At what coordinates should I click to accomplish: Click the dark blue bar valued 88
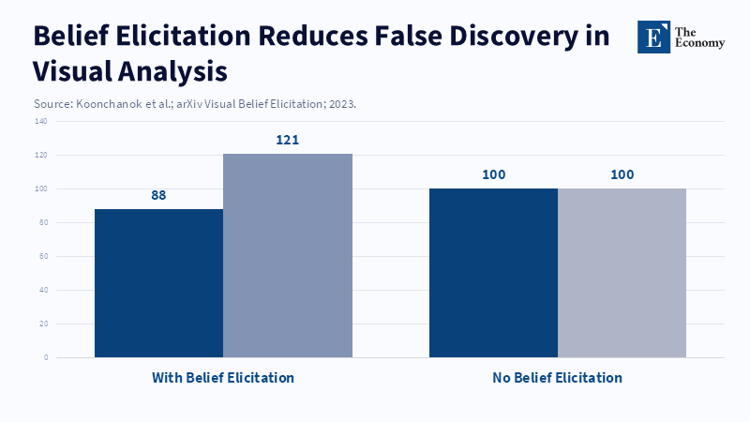point(158,282)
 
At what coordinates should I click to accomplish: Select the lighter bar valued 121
point(287,255)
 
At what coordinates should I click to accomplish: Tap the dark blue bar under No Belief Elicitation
point(493,272)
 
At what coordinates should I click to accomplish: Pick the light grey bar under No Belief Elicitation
point(622,272)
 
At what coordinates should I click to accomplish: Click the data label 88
point(158,195)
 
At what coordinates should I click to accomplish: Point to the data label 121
point(287,140)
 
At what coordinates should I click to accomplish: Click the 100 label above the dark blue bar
point(493,174)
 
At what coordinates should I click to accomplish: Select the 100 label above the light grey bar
point(622,174)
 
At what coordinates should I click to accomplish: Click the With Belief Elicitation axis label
point(223,378)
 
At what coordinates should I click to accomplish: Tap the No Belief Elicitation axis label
point(557,378)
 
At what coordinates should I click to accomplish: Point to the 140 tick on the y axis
point(41,122)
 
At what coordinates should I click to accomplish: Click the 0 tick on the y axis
point(45,357)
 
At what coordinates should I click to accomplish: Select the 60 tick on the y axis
point(43,256)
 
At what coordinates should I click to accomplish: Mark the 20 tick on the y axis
point(43,324)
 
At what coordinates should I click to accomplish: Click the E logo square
point(654,37)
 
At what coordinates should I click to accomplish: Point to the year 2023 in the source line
point(341,104)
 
